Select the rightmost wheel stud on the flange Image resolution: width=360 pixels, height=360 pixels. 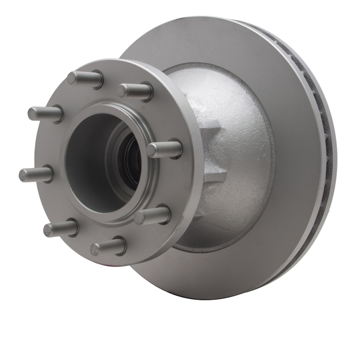164,149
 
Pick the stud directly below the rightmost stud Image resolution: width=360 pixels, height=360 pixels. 152,215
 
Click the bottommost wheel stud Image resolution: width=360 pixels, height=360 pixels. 108,247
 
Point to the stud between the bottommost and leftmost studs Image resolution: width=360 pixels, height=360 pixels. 61,228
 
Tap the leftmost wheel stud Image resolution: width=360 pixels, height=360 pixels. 36,174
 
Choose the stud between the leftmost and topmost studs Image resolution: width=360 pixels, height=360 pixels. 45,113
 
